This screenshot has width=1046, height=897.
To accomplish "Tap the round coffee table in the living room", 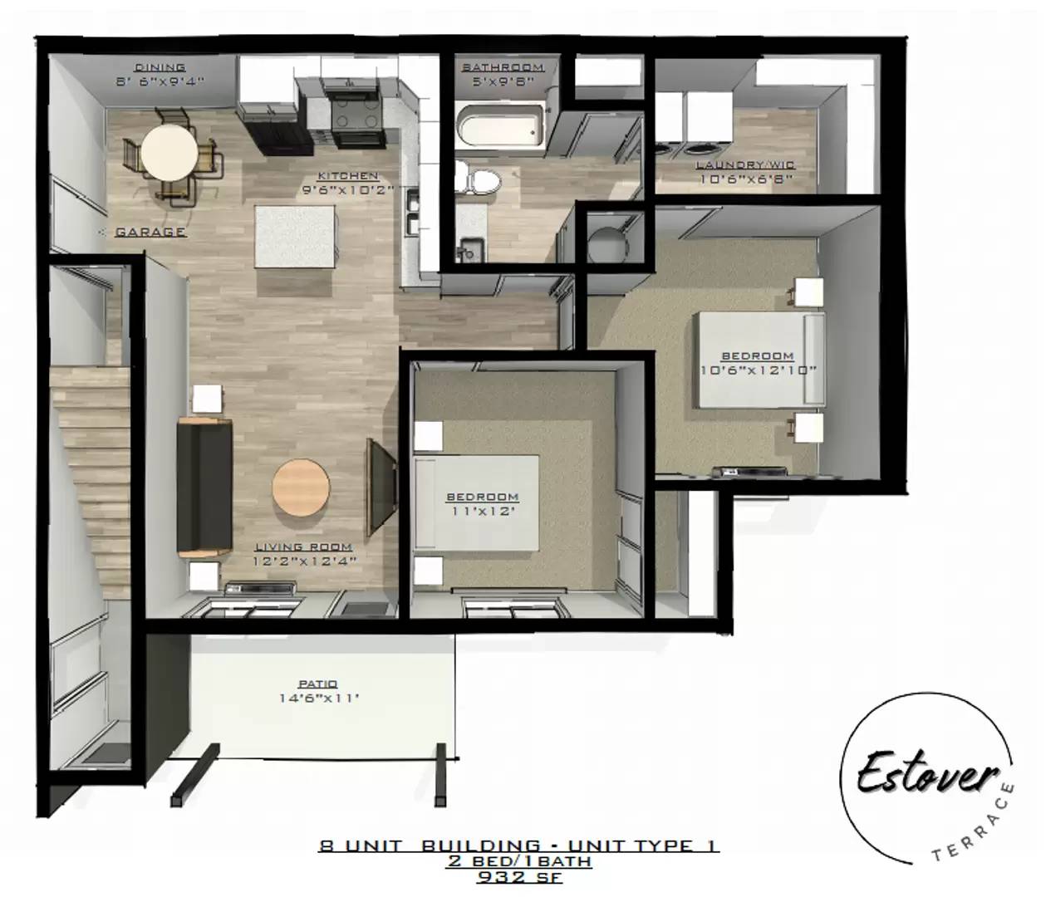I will [300, 488].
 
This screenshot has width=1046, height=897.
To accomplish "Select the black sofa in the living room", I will [204, 488].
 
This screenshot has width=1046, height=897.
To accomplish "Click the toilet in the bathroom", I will [478, 179].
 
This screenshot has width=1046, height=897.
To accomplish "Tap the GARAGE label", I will [150, 232].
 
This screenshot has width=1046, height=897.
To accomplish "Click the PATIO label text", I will [318, 684].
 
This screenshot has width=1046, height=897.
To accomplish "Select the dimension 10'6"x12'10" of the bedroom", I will [758, 370].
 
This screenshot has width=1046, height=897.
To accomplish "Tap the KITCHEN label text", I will [347, 175].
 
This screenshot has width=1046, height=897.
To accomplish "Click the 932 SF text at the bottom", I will [518, 875].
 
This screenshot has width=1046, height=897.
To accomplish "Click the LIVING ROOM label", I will [303, 547].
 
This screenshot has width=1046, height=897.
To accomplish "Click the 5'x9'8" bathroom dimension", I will [502, 81].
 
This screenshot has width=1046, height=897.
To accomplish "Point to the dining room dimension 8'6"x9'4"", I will [160, 81].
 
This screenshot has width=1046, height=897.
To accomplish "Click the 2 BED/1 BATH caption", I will [518, 861].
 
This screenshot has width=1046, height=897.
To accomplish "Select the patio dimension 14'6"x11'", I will [318, 698].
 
